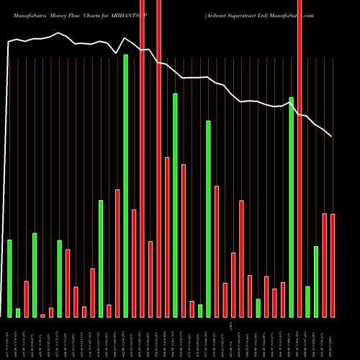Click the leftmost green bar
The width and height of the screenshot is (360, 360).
click(10, 278)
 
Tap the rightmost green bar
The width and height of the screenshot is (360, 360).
click(316, 282)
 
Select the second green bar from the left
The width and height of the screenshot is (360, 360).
click(18, 312)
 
